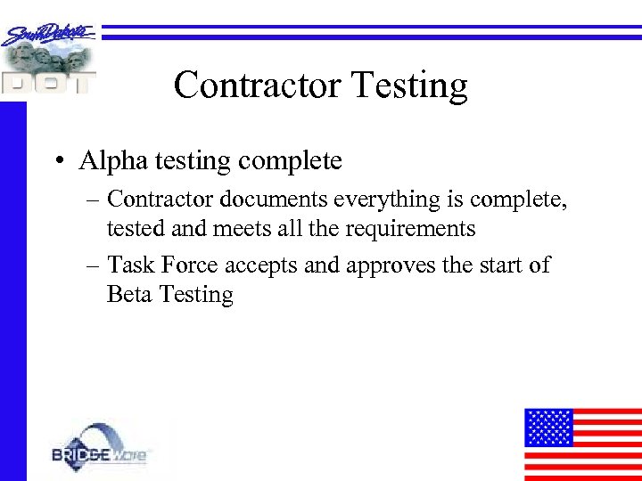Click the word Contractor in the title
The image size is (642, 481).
[x=257, y=86]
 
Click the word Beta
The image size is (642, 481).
[x=128, y=294]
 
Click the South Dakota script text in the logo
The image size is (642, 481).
[x=49, y=35]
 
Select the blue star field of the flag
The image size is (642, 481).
[x=547, y=427]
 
